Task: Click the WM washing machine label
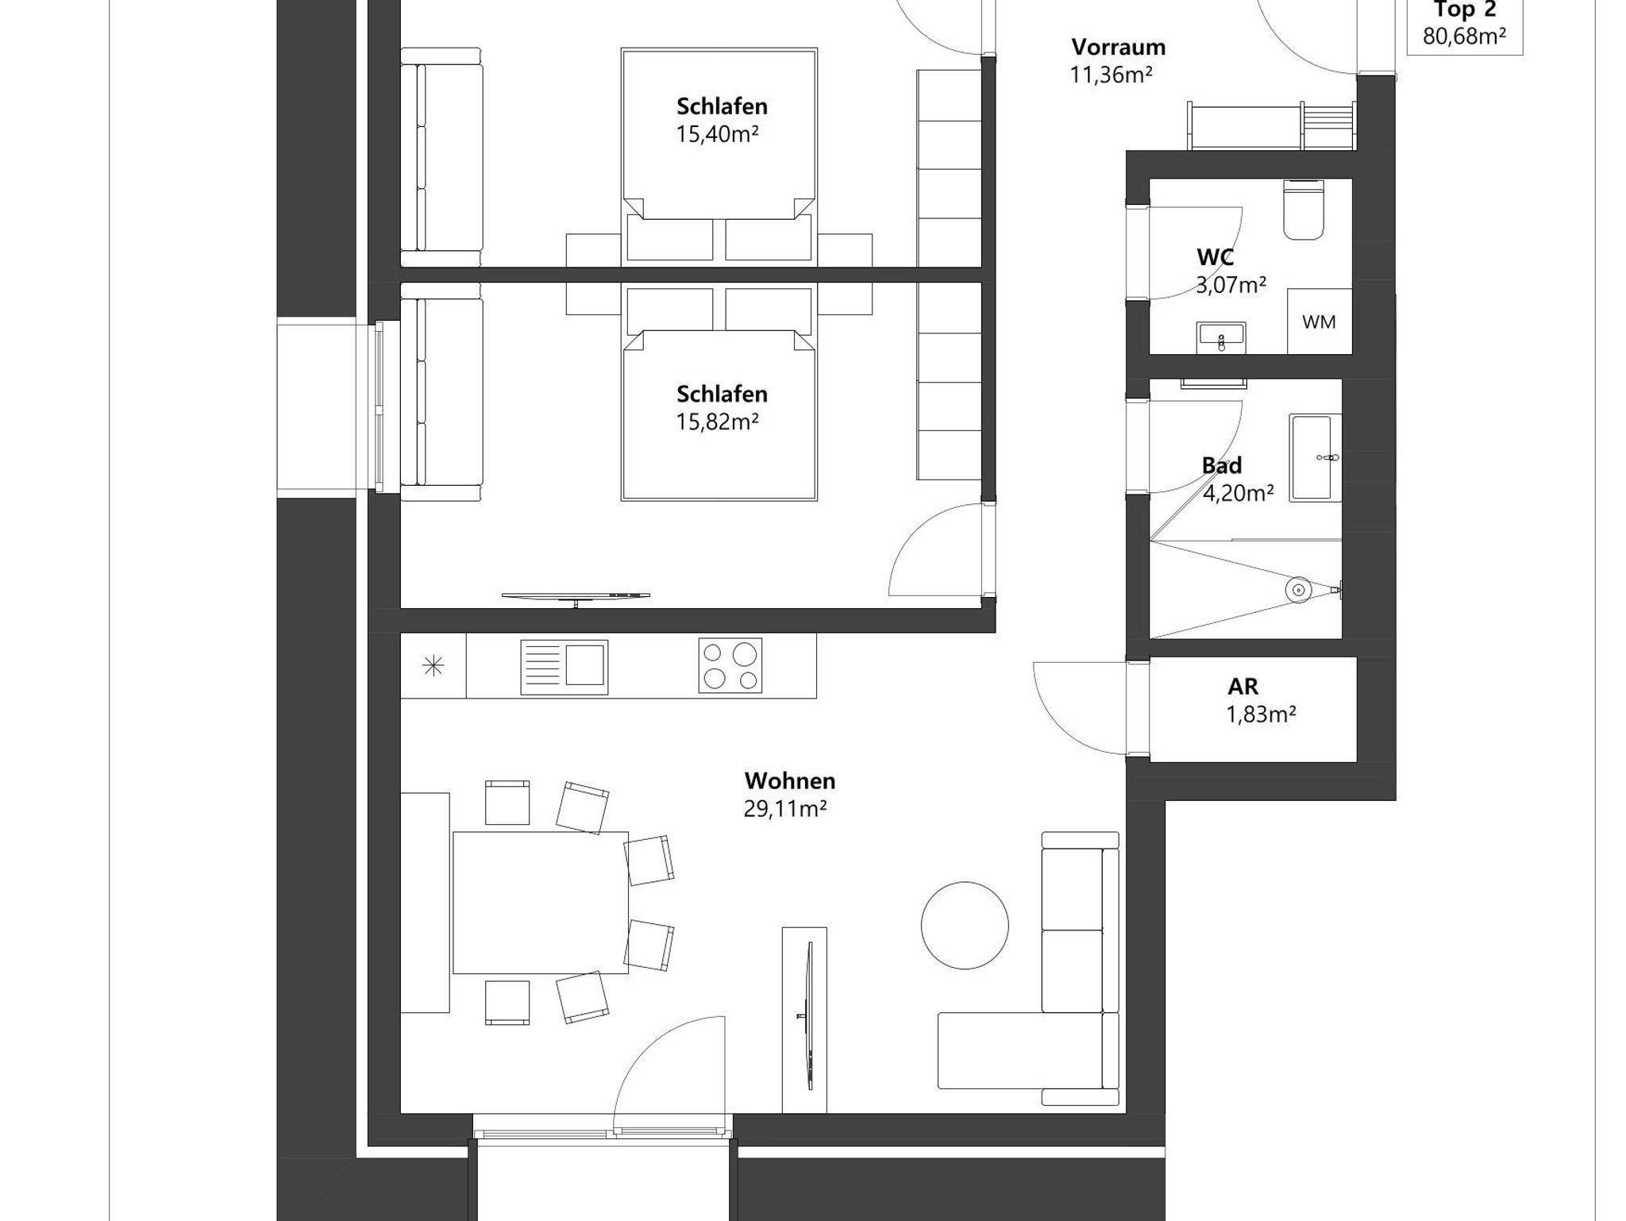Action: pyautogui.click(x=1319, y=322)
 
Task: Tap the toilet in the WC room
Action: pyautogui.click(x=1304, y=210)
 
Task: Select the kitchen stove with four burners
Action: pyautogui.click(x=730, y=665)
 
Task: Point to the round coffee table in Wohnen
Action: pyautogui.click(x=965, y=926)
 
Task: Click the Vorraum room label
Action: pyautogui.click(x=1118, y=47)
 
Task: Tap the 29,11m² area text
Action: pyautogui.click(x=785, y=809)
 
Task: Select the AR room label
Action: pyautogui.click(x=1243, y=686)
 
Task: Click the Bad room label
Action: pyautogui.click(x=1222, y=465)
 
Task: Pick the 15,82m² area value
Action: pyautogui.click(x=717, y=422)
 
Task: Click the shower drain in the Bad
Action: pyautogui.click(x=1298, y=590)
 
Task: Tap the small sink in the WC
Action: pyautogui.click(x=1221, y=337)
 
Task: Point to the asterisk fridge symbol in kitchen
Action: pyautogui.click(x=433, y=666)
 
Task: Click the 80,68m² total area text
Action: pyautogui.click(x=1465, y=37)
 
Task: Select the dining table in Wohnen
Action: pyautogui.click(x=540, y=902)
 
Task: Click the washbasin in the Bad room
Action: pyautogui.click(x=1315, y=457)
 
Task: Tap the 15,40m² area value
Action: pyautogui.click(x=717, y=133)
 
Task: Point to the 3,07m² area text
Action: pyautogui.click(x=1231, y=285)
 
